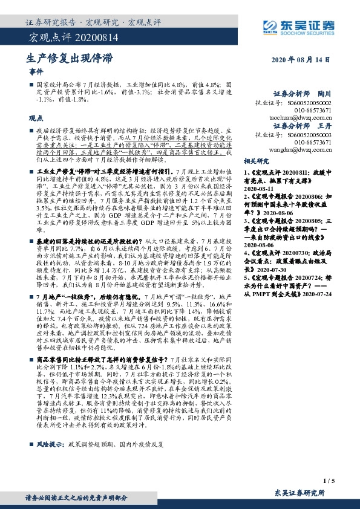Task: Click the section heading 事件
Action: (36, 72)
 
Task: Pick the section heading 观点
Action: (36, 118)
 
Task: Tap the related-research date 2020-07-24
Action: (315, 311)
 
